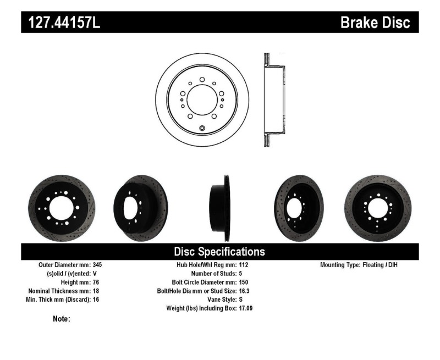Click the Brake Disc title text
(375, 23)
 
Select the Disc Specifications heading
(219, 252)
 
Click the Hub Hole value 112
(244, 264)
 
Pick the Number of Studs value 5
(241, 273)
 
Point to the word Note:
(61, 319)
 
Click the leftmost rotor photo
(61, 208)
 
